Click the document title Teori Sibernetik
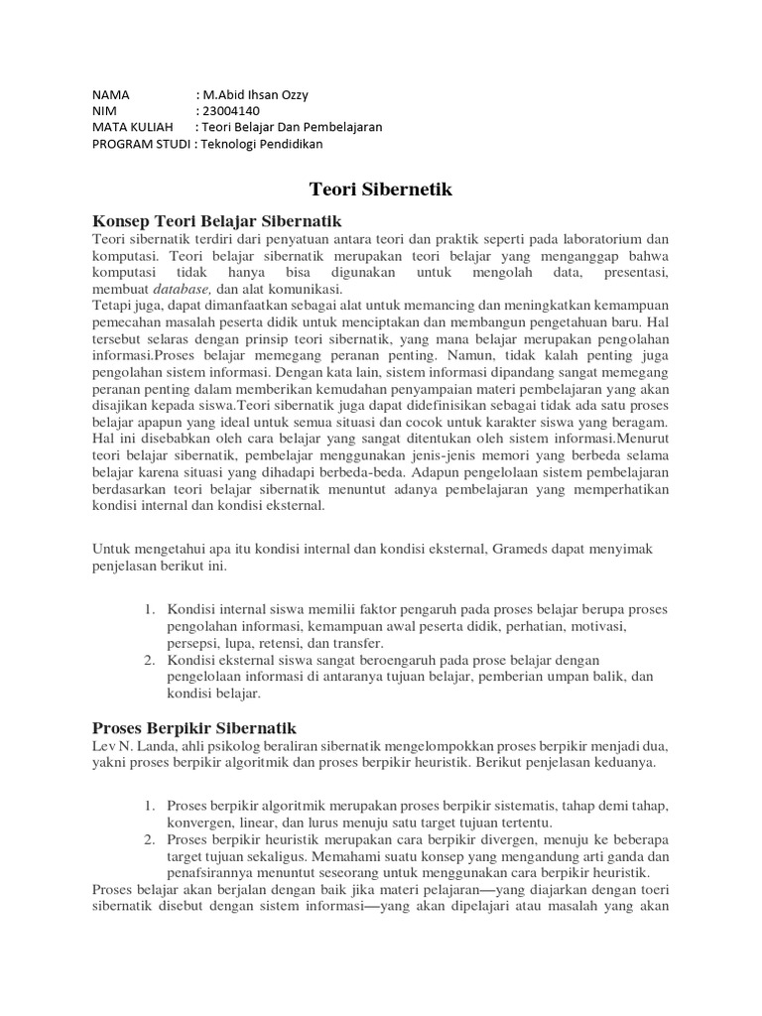point(381,190)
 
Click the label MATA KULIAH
point(131,127)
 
